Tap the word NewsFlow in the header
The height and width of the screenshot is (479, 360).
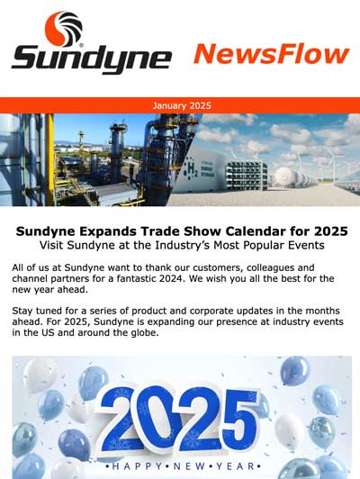coord(272,54)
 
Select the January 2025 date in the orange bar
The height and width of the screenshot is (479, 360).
coord(182,105)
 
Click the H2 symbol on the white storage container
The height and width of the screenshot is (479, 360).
coord(192,169)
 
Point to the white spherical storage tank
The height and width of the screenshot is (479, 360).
coord(285,176)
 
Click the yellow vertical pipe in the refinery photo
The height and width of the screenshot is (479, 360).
coord(50,159)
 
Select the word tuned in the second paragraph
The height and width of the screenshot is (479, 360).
coord(49,311)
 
